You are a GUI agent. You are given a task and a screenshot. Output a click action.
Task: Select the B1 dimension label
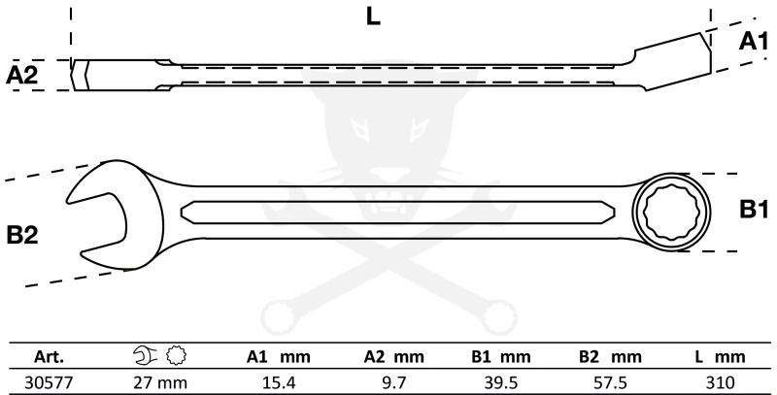(x=753, y=209)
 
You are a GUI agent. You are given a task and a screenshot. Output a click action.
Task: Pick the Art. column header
(x=50, y=355)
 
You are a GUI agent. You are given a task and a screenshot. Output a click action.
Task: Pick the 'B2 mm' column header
(x=614, y=355)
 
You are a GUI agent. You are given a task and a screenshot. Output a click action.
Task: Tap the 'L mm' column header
(x=720, y=355)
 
